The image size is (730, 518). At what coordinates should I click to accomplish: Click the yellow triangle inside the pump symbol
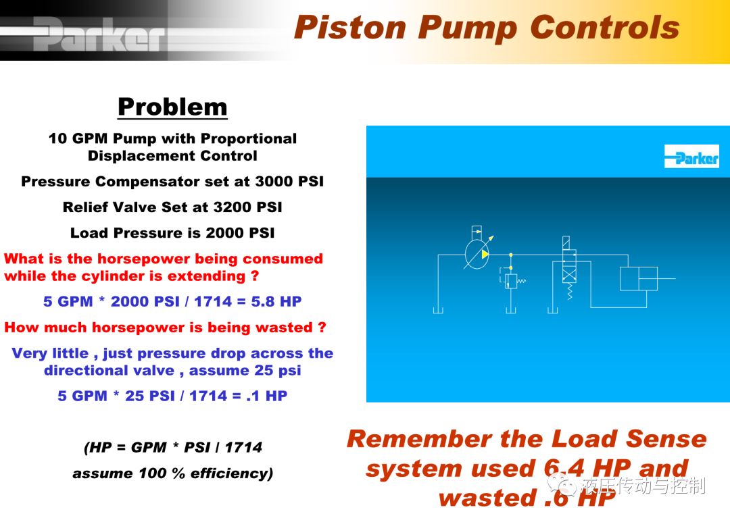485,255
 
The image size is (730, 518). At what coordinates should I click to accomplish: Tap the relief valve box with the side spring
511,282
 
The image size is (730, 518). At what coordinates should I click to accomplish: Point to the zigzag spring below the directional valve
569,291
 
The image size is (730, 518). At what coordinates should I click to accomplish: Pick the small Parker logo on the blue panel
691,156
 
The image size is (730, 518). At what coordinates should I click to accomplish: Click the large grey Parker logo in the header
99,34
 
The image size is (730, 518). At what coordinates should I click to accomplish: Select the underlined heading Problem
173,107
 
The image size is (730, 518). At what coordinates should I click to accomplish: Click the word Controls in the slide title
605,27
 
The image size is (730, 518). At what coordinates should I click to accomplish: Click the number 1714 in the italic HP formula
243,447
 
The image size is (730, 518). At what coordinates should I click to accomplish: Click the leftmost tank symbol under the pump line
438,310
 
